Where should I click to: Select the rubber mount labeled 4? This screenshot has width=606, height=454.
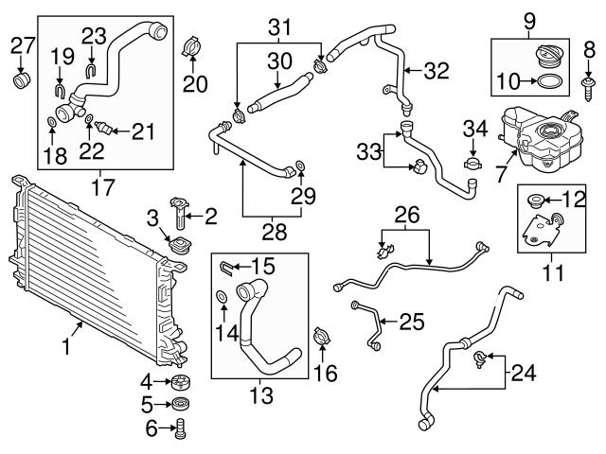point(180,384)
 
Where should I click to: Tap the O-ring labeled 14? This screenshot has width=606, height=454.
point(222,300)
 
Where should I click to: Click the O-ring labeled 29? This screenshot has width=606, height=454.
point(300,168)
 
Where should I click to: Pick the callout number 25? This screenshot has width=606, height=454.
point(411,323)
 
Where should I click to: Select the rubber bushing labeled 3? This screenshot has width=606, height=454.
point(176,247)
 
